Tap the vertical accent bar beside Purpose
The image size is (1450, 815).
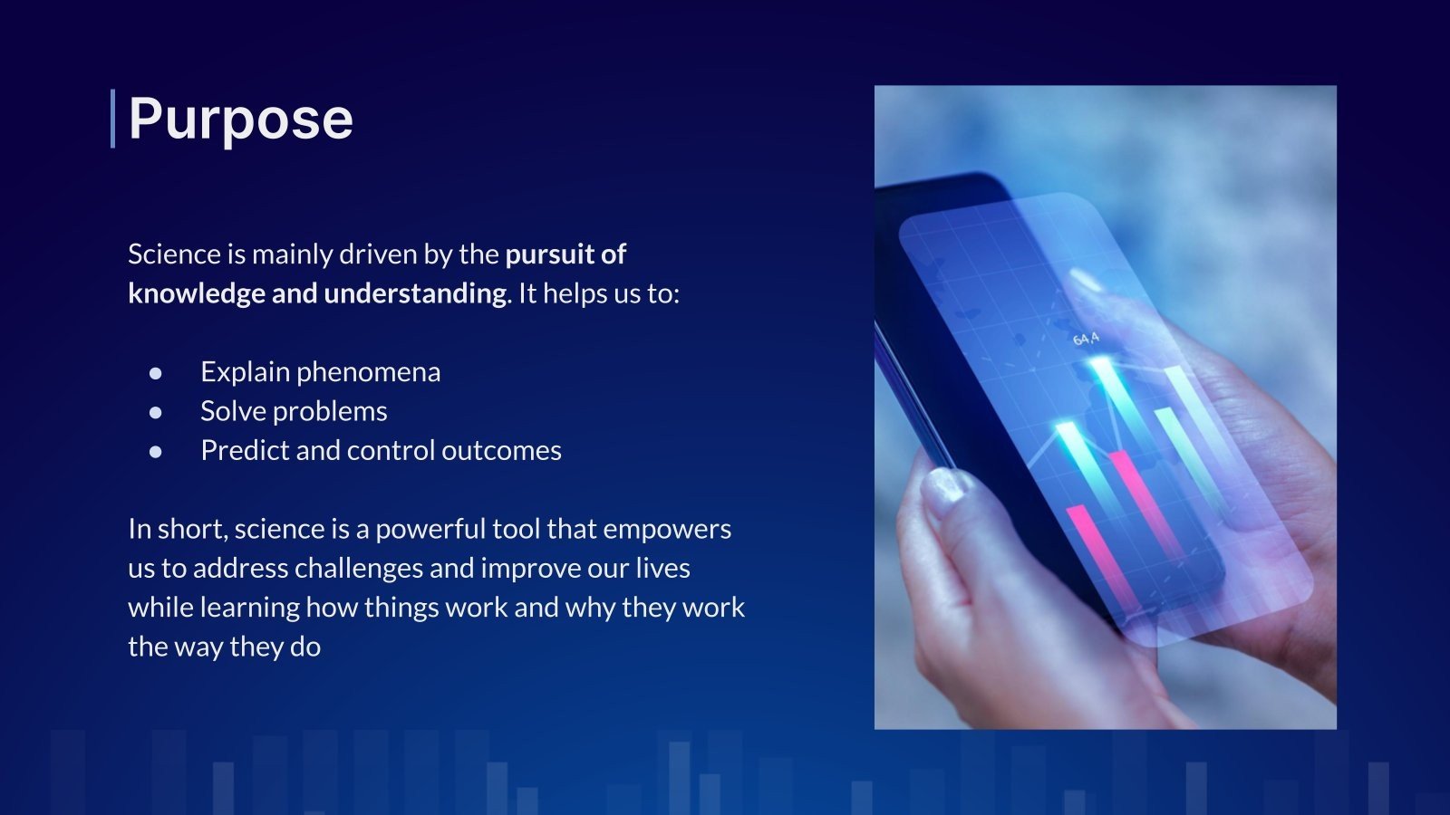(x=113, y=119)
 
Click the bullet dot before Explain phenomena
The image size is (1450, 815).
(x=155, y=373)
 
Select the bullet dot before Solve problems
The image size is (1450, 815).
(x=155, y=412)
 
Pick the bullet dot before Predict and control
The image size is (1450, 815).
(x=155, y=452)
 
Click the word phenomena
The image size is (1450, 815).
(x=368, y=373)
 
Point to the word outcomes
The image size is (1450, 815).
(x=502, y=451)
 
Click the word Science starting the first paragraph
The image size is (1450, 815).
(x=175, y=254)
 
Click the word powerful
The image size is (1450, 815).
(x=430, y=530)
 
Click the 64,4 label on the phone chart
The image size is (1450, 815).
(x=1086, y=339)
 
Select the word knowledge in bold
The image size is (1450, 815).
(x=197, y=294)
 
